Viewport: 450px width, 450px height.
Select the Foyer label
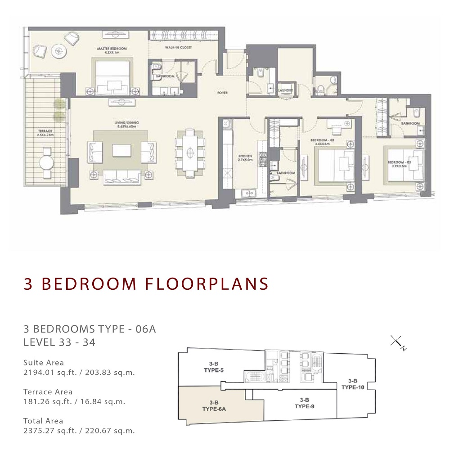(222, 93)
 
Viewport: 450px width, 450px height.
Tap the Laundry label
(286, 90)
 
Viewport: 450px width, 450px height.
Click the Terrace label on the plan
(45, 133)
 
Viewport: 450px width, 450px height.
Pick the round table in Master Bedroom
(58, 51)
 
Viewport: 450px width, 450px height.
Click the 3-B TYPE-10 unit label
(352, 383)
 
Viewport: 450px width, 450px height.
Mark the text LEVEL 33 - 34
(59, 342)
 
